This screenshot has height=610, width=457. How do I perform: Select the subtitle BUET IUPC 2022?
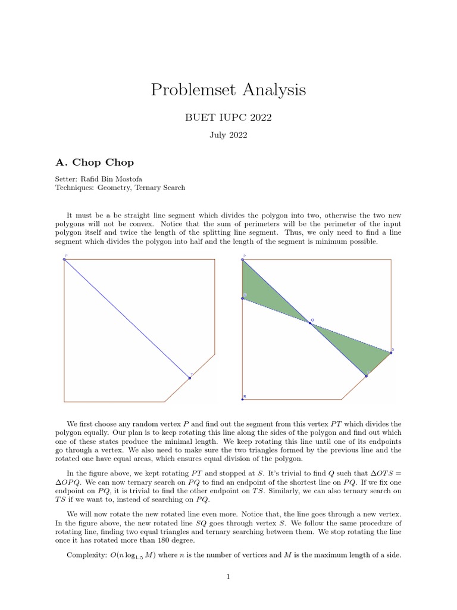pyautogui.click(x=228, y=118)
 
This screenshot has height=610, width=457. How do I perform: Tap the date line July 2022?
pyautogui.click(x=228, y=135)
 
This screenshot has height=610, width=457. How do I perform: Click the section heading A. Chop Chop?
pyautogui.click(x=95, y=162)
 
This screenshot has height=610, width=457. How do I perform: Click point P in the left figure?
pyautogui.click(x=64, y=259)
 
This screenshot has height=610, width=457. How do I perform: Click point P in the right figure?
pyautogui.click(x=242, y=260)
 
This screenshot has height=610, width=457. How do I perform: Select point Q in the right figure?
pyautogui.click(x=243, y=298)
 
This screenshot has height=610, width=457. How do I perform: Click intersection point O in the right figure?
pyautogui.click(x=309, y=322)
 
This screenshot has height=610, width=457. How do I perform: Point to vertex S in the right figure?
pyautogui.click(x=390, y=353)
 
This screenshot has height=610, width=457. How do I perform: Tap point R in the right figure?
pyautogui.click(x=243, y=399)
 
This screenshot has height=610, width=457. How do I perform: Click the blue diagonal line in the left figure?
pyautogui.click(x=127, y=319)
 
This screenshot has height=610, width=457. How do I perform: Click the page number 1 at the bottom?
pyautogui.click(x=228, y=576)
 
